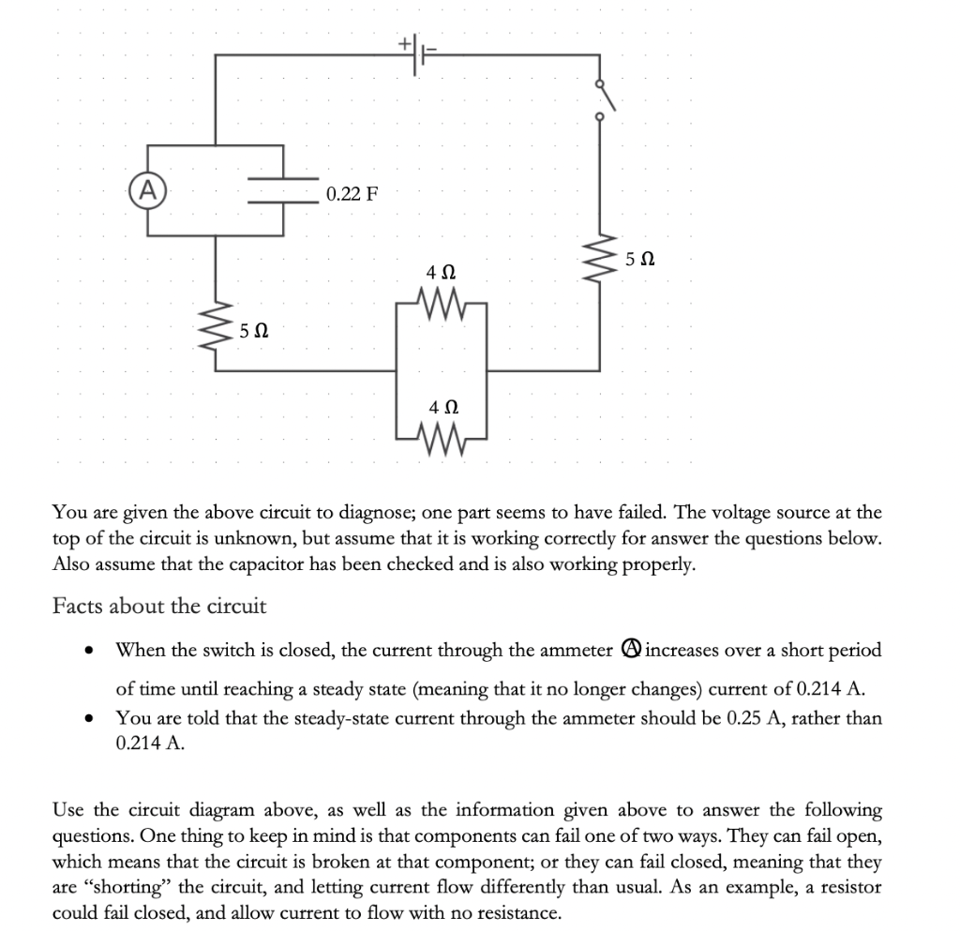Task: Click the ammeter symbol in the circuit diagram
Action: [x=145, y=188]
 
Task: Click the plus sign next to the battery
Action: [x=405, y=42]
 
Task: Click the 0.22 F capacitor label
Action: [x=352, y=195]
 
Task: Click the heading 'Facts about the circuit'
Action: [x=159, y=606]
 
